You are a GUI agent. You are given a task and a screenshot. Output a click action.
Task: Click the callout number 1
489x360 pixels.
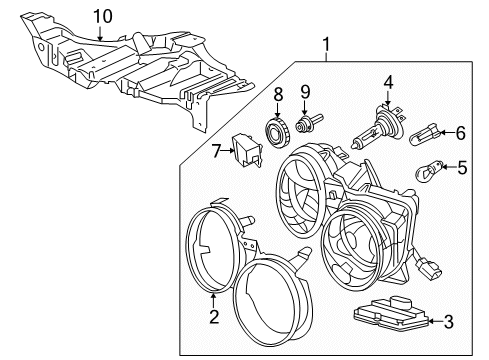pos(325,44)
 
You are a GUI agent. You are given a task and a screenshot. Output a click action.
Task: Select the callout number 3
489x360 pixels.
pos(448,321)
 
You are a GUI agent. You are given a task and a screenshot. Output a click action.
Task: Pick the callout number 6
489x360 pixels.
pos(461,131)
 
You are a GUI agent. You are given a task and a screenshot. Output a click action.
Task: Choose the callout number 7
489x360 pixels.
pos(215,149)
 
